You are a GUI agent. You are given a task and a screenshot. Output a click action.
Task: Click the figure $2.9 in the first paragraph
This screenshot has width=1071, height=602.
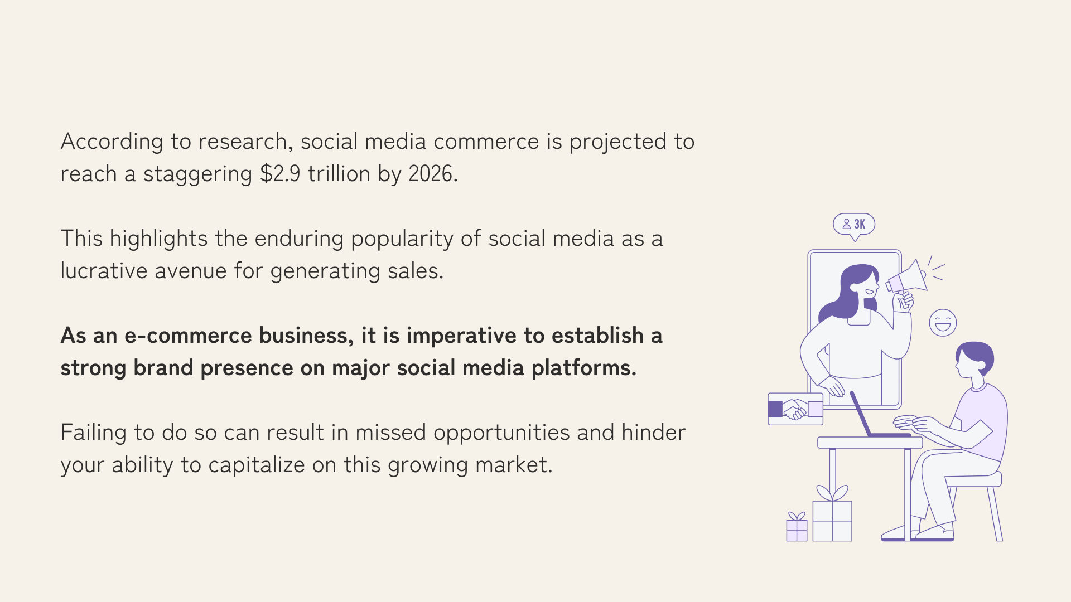pos(280,174)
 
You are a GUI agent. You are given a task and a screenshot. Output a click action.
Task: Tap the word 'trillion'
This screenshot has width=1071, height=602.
pos(339,174)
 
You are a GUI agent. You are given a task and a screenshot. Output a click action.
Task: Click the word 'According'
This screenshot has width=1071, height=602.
pos(112,142)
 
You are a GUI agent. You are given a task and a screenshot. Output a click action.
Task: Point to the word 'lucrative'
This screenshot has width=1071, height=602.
pos(104,271)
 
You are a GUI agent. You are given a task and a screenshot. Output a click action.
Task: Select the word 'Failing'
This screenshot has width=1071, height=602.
pos(94,433)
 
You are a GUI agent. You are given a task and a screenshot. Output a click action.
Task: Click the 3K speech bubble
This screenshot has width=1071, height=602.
pos(854,225)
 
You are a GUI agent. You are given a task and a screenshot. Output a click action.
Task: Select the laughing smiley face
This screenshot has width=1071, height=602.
pos(943,323)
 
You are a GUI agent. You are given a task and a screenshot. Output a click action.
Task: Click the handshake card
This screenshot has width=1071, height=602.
pos(795,409)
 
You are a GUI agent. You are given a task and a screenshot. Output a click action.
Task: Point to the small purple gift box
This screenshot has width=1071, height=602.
pos(797,527)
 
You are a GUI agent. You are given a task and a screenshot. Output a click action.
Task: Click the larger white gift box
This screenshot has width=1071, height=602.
pos(832,521)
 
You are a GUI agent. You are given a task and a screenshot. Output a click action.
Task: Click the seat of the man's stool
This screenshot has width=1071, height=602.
pos(974,480)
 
